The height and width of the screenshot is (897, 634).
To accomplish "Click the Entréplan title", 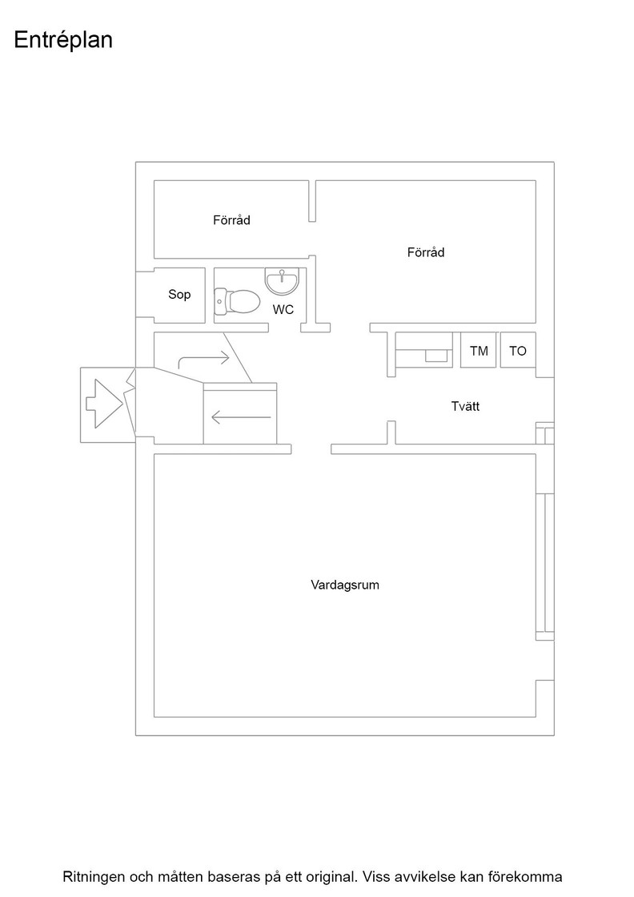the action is pyautogui.click(x=63, y=40).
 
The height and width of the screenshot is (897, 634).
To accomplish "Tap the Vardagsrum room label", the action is pyautogui.click(x=345, y=585).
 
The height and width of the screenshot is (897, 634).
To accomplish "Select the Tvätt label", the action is pyautogui.click(x=465, y=406).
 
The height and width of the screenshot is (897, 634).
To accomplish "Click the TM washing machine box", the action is pyautogui.click(x=479, y=350).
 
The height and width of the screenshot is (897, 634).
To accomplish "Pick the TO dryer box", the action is pyautogui.click(x=518, y=350).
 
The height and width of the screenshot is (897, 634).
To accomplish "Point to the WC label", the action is pyautogui.click(x=283, y=309).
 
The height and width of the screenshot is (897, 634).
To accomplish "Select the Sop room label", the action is pyautogui.click(x=179, y=295).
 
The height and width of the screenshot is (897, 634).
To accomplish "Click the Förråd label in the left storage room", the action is pyautogui.click(x=231, y=220).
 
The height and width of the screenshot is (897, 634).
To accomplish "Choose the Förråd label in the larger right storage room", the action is pyautogui.click(x=426, y=252).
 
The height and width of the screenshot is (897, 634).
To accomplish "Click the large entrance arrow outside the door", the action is pyautogui.click(x=105, y=404).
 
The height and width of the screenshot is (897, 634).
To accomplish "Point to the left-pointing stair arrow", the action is pyautogui.click(x=241, y=417).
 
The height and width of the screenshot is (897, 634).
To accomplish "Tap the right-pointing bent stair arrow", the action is pyautogui.click(x=204, y=359).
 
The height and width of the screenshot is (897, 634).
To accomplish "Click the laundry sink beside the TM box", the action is pyautogui.click(x=436, y=356).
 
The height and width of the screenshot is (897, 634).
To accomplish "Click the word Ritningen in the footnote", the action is pyautogui.click(x=94, y=877).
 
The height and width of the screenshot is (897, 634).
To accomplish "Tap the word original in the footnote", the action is pyautogui.click(x=331, y=877).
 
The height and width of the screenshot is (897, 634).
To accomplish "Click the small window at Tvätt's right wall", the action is pyautogui.click(x=545, y=433).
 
